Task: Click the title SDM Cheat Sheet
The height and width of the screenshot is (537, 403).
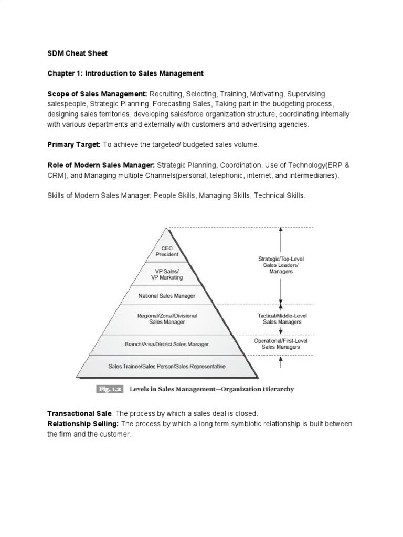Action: (x=77, y=53)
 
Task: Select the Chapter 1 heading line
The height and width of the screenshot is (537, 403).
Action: (x=125, y=73)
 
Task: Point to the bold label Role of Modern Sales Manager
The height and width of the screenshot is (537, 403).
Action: (x=101, y=164)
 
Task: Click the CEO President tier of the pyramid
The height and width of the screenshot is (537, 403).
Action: (x=167, y=251)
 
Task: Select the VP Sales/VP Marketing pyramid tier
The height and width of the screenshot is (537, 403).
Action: (x=167, y=274)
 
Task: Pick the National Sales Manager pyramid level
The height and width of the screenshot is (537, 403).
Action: (x=167, y=296)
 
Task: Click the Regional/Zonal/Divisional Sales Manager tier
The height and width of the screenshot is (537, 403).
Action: (x=167, y=319)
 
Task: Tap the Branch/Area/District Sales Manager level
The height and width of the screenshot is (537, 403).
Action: (x=167, y=345)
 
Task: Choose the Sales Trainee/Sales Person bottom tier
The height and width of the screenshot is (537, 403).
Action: (x=167, y=367)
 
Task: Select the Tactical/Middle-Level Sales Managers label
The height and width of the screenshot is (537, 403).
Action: (x=281, y=319)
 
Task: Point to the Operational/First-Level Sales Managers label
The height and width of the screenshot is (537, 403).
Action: (x=281, y=343)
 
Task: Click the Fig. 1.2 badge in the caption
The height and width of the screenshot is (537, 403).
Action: (x=109, y=389)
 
